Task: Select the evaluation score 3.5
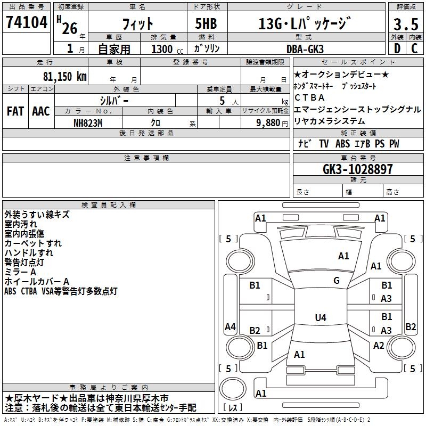(406, 24)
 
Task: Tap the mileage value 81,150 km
(64, 76)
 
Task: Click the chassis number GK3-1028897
(358, 170)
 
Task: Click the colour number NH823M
(88, 122)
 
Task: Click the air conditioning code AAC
(40, 111)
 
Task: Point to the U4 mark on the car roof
(320, 318)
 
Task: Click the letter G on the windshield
(337, 280)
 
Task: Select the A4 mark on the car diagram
(230, 327)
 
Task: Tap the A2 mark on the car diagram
(379, 346)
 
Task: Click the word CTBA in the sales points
(309, 97)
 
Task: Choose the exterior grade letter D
(396, 49)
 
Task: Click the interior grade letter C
(415, 49)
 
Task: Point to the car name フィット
(138, 24)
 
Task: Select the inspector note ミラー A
(20, 272)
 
